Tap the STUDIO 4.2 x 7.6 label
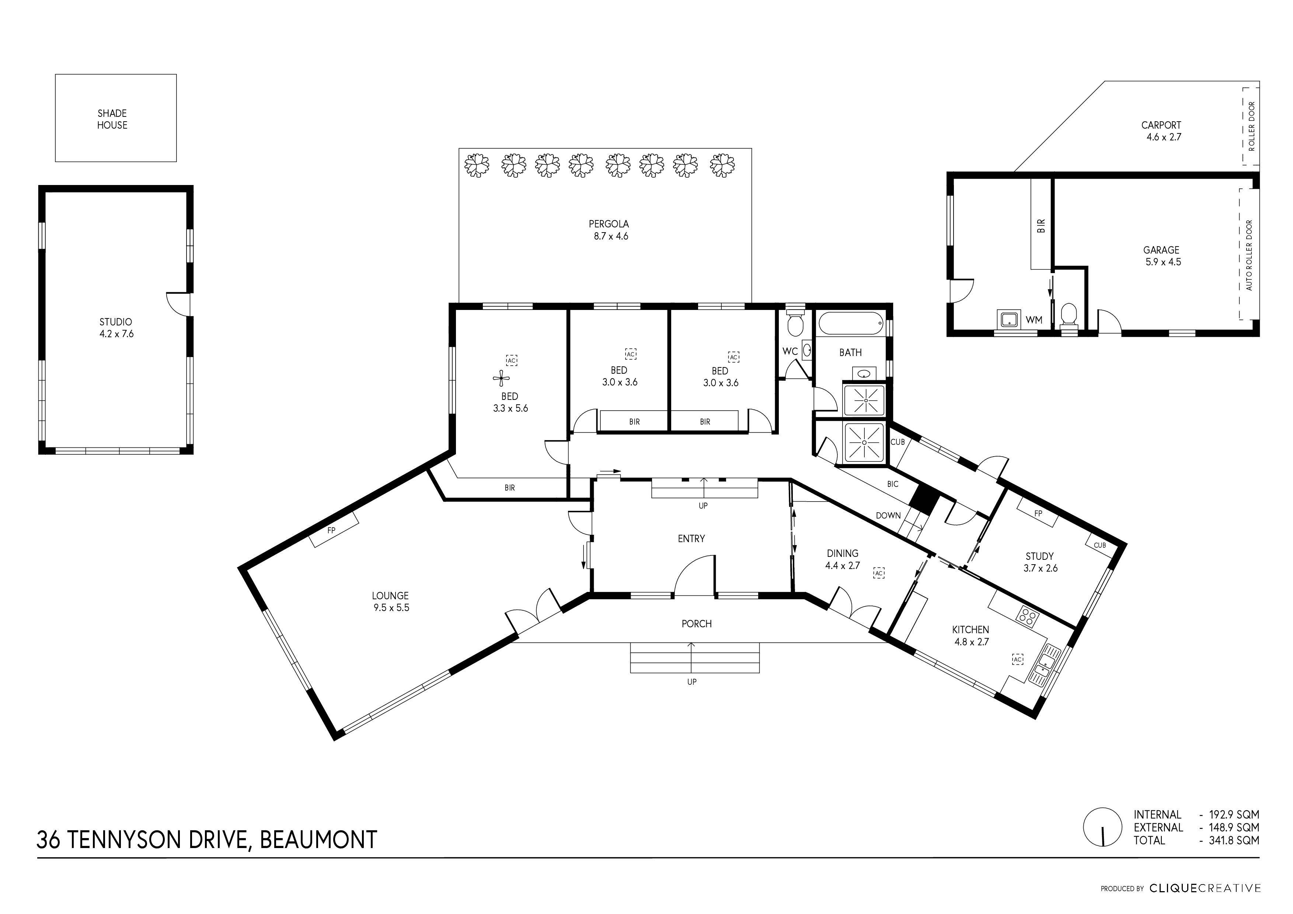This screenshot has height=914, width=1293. click(116, 328)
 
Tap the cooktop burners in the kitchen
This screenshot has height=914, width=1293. click(1027, 617)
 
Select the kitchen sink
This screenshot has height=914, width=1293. click(1045, 665)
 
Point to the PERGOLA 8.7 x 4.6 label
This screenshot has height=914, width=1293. click(609, 230)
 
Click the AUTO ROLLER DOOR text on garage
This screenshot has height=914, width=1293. click(1249, 255)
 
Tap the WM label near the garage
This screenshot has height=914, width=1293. click(1034, 320)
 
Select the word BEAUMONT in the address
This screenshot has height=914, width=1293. click(318, 840)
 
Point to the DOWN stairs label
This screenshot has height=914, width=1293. click(888, 515)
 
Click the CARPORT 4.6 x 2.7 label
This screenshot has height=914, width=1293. click(1161, 131)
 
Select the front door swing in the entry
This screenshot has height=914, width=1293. click(693, 576)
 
